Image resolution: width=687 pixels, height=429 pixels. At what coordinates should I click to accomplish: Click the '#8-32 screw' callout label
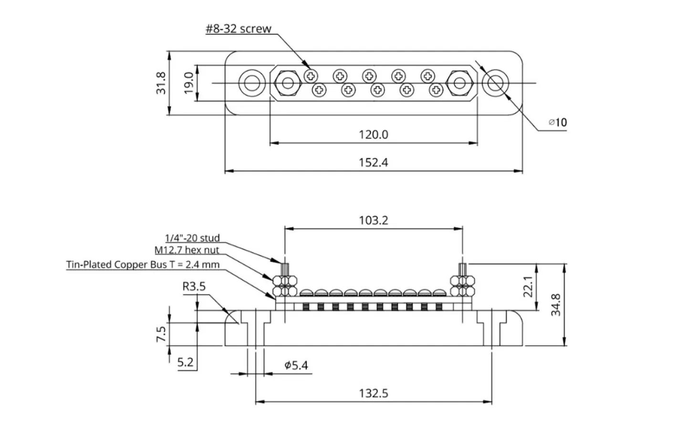(238, 29)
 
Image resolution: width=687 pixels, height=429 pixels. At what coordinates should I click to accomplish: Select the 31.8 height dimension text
(161, 82)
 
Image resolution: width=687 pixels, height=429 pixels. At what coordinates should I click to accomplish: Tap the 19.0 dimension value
(188, 82)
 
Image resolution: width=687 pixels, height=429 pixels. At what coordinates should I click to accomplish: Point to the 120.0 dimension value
(373, 134)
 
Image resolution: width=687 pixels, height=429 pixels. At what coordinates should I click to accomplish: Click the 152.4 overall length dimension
(373, 163)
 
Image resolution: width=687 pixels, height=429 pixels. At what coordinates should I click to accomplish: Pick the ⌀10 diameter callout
(558, 123)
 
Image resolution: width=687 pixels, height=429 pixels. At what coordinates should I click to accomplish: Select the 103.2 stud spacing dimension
(373, 220)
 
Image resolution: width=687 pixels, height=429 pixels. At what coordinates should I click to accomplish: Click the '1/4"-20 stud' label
(192, 238)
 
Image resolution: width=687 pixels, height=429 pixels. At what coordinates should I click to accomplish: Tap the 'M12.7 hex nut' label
(187, 250)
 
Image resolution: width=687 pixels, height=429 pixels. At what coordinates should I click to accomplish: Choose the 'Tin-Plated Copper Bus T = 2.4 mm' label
(143, 265)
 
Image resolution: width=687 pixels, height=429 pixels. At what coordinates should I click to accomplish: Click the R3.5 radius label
(194, 286)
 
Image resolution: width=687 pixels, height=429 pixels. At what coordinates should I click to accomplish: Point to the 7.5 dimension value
(161, 334)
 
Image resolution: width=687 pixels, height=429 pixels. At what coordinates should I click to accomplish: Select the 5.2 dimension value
(185, 362)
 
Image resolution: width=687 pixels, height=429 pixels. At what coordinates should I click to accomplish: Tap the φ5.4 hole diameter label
(296, 366)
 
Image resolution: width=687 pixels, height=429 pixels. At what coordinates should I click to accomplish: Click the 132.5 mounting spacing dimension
(373, 393)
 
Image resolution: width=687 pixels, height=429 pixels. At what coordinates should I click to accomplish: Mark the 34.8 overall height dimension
(556, 305)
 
